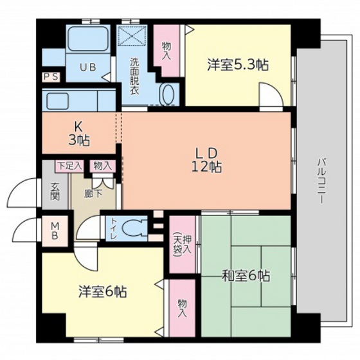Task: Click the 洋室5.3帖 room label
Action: click(237, 65)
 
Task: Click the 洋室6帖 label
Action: click(102, 291)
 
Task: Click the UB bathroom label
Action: click(87, 66)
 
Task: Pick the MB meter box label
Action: click(55, 230)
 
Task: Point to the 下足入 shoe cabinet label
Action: click(69, 166)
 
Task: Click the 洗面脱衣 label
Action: click(134, 76)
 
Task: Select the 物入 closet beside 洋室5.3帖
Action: click(166, 50)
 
